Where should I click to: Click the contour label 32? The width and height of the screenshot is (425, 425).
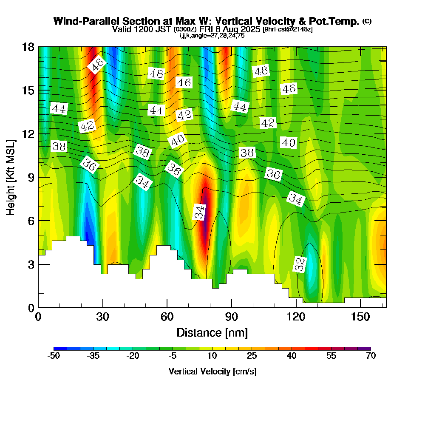300,264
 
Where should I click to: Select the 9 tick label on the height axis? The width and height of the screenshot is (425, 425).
31,177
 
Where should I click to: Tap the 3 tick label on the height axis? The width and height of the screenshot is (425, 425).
31,264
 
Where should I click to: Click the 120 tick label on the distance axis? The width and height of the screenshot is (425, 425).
296,317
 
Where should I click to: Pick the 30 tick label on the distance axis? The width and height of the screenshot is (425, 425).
103,317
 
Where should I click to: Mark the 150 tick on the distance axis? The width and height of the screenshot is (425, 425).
360,307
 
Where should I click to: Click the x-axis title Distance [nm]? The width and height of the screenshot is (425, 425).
212,332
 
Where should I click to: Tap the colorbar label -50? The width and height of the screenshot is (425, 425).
54,356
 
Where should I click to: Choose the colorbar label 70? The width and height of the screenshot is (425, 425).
371,356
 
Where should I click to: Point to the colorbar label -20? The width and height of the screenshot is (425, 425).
133,356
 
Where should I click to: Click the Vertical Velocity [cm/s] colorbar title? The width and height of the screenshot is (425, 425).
212,371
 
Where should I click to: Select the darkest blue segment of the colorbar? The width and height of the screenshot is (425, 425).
60,348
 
